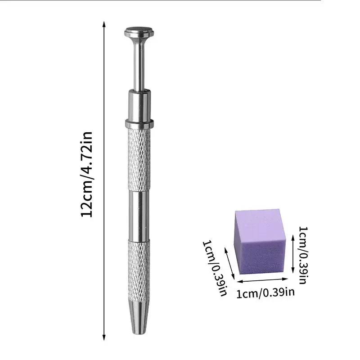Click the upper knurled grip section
(139, 157)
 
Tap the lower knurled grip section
(139, 270)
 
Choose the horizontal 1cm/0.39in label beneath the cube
(265, 294)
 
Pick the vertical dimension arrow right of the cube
(292, 254)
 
